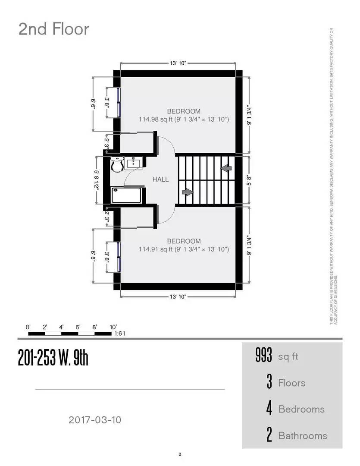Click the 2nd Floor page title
[53, 29]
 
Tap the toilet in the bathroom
[117, 164]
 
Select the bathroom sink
[134, 163]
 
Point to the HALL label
[160, 179]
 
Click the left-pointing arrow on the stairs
[226, 167]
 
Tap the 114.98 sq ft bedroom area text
[184, 119]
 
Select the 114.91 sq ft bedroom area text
[184, 249]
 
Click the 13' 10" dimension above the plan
[178, 63]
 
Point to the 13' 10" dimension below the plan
[178, 297]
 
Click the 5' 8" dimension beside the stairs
[249, 180]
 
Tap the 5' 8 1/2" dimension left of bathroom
[97, 179]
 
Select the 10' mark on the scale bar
[113, 327]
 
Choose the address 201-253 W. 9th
[53, 358]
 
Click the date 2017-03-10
[95, 419]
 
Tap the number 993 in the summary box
[264, 356]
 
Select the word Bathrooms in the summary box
[303, 435]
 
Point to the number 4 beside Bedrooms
[269, 409]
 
